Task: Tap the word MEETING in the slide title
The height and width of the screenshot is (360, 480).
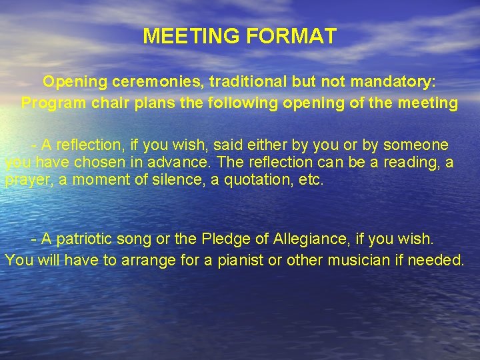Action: point(192,36)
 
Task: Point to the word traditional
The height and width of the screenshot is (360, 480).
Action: point(247,81)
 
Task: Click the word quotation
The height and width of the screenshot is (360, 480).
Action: point(256,180)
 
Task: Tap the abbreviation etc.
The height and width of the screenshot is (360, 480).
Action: point(310,180)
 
